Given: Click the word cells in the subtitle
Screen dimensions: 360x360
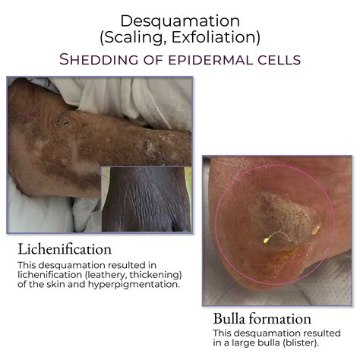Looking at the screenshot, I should (261, 58).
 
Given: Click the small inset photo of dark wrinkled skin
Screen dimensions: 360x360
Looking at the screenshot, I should (146, 199).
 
